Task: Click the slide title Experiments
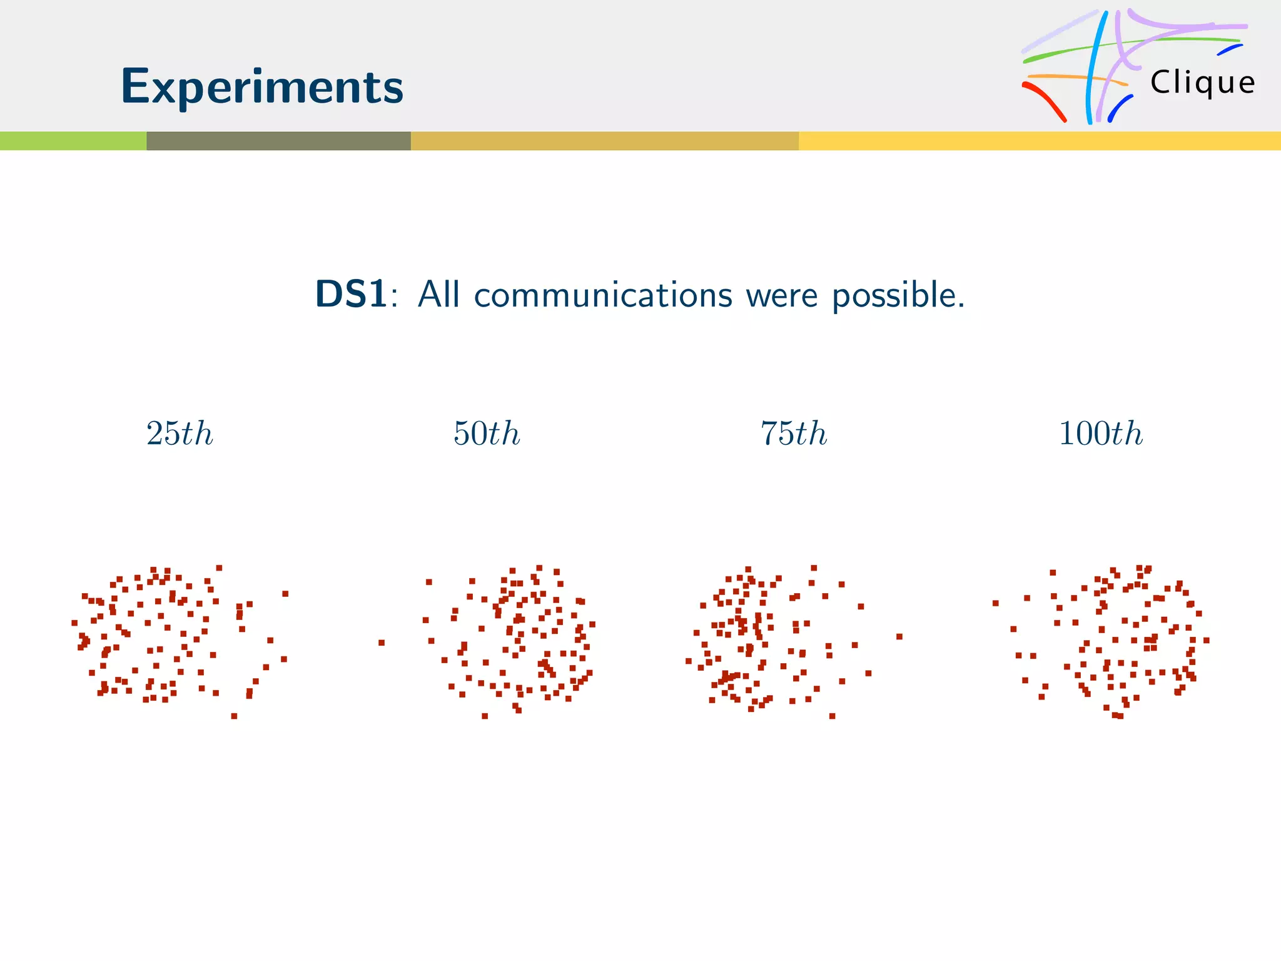pos(261,86)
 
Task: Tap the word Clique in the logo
pos(1202,83)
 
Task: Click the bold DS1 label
pos(351,294)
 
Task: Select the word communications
pos(603,295)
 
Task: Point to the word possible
pos(898,295)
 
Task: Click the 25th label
pos(180,434)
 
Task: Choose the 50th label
pos(487,434)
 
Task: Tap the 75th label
pos(794,434)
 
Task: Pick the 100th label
pos(1101,434)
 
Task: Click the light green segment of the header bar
pos(73,141)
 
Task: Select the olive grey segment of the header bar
pos(278,141)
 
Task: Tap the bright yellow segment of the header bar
pos(1038,141)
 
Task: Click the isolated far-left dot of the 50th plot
pos(382,643)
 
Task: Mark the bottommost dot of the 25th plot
pos(234,716)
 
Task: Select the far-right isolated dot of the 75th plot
pos(899,636)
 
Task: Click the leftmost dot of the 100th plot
pos(995,603)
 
